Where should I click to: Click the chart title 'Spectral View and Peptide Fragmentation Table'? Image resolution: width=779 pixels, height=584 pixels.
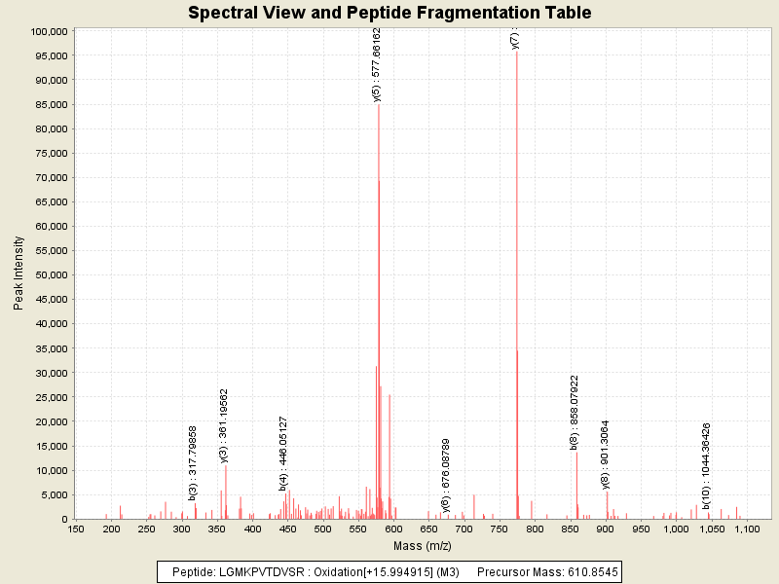(x=389, y=13)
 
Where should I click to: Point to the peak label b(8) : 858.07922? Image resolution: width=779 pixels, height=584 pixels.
(x=575, y=412)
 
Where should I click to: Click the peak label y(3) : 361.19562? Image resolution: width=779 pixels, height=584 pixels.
(x=224, y=425)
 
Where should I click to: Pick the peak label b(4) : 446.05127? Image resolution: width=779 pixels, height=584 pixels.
(x=283, y=453)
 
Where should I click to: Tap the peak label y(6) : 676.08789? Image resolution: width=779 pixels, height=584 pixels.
(x=446, y=475)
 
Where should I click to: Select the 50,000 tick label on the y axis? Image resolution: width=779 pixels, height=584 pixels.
(x=48, y=275)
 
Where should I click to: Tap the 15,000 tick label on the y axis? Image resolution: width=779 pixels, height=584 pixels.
(x=48, y=446)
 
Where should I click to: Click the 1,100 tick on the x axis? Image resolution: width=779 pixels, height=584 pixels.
(x=747, y=529)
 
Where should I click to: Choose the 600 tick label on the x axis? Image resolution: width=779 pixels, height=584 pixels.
(x=393, y=529)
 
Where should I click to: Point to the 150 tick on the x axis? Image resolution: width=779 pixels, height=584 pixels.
(x=75, y=529)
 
